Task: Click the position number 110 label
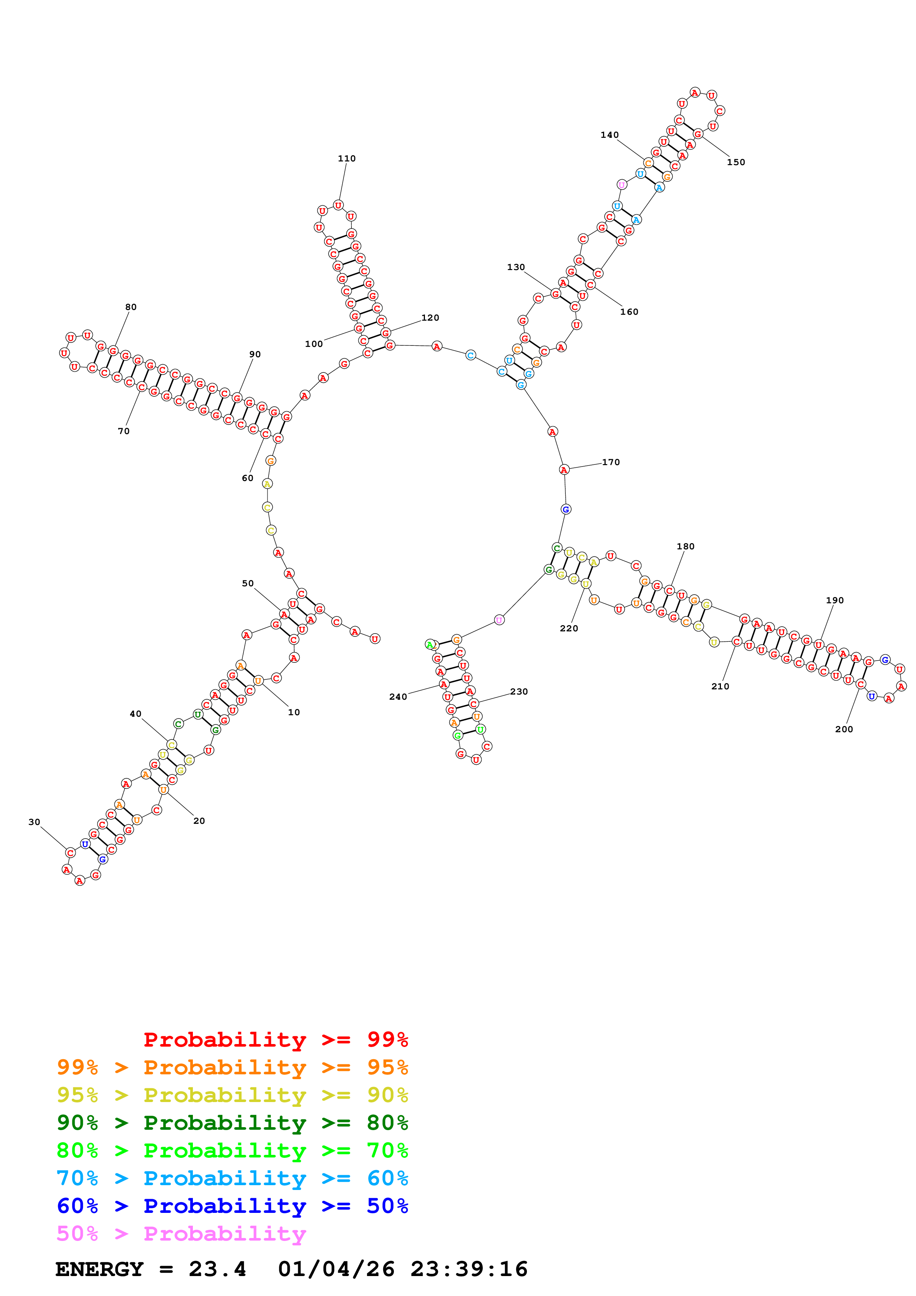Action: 347,158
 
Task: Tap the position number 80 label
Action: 130,307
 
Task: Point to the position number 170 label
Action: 611,462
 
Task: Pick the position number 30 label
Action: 34,822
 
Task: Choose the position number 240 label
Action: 398,696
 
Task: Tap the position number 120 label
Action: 430,318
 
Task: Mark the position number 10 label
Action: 294,712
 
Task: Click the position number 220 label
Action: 569,628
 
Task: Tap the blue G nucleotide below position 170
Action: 565,509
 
